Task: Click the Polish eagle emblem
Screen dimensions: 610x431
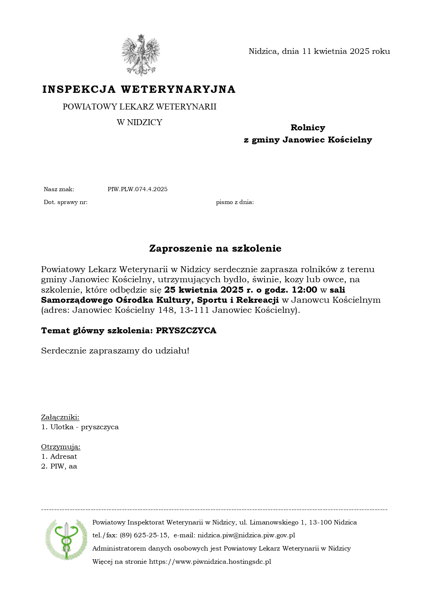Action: pyautogui.click(x=140, y=55)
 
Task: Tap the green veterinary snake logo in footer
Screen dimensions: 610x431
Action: pyautogui.click(x=66, y=539)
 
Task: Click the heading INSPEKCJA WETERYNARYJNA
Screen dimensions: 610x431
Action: pyautogui.click(x=139, y=89)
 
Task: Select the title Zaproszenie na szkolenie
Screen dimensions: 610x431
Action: pyautogui.click(x=215, y=248)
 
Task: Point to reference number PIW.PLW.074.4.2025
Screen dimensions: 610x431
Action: pyautogui.click(x=138, y=189)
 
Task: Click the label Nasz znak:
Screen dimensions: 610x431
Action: pyautogui.click(x=59, y=189)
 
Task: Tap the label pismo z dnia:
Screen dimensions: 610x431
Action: pyautogui.click(x=235, y=202)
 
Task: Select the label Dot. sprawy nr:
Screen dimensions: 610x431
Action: pyautogui.click(x=66, y=202)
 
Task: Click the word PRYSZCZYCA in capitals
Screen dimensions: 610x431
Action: pyautogui.click(x=186, y=330)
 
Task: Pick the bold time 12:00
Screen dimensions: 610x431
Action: pyautogui.click(x=305, y=290)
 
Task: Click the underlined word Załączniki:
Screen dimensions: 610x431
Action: pyautogui.click(x=60, y=417)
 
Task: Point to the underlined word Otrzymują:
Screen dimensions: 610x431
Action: pyautogui.click(x=61, y=447)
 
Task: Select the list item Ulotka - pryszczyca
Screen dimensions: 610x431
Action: pyautogui.click(x=84, y=427)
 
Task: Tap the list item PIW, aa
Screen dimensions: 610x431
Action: pyautogui.click(x=63, y=466)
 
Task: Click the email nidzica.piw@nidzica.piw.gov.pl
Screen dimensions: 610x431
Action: pyautogui.click(x=246, y=535)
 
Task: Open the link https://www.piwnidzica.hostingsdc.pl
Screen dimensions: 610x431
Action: pyautogui.click(x=210, y=561)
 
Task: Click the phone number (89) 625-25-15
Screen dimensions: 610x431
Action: pyautogui.click(x=144, y=535)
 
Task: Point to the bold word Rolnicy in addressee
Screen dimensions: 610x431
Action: pyautogui.click(x=308, y=128)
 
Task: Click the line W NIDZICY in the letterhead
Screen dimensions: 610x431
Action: pyautogui.click(x=140, y=122)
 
